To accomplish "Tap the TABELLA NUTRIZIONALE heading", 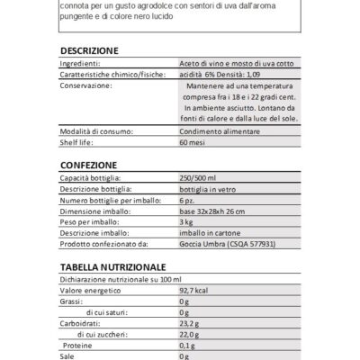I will point(112,267).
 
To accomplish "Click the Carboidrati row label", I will point(81,323).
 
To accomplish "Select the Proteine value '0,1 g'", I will point(188,345).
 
